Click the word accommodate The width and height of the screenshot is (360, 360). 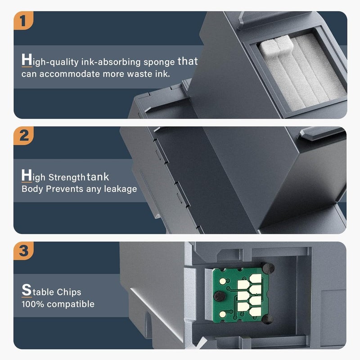[x=68, y=73]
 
